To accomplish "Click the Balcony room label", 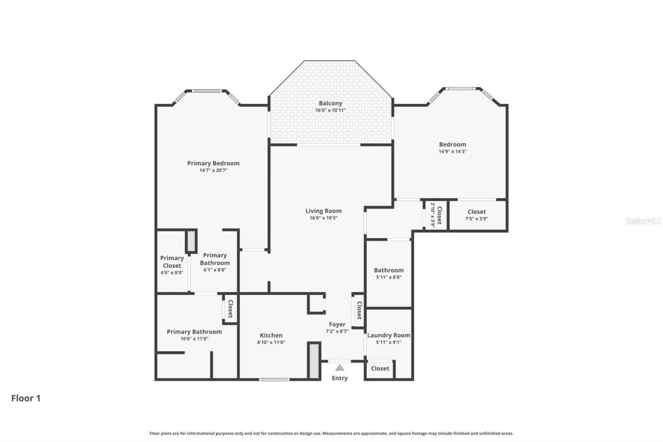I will point(330,103).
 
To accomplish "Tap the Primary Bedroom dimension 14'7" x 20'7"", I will point(213,170).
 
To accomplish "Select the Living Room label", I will point(323,211).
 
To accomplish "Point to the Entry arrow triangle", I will point(339,368).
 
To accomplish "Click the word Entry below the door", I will point(340,378).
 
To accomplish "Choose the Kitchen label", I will point(271,335).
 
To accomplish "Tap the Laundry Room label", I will point(388,335).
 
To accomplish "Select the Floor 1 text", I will point(26,398).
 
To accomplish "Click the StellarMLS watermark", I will point(643,221).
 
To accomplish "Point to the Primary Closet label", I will point(172,262).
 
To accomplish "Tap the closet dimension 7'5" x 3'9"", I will point(477,219).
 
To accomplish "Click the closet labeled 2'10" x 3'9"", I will point(436,215).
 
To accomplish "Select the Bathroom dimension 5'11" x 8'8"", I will point(388,277).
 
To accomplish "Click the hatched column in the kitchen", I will point(313,361).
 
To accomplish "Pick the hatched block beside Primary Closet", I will point(191,241).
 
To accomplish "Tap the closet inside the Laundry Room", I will point(380,368).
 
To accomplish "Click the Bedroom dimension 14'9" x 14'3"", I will point(453,152).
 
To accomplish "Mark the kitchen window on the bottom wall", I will point(274,380).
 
